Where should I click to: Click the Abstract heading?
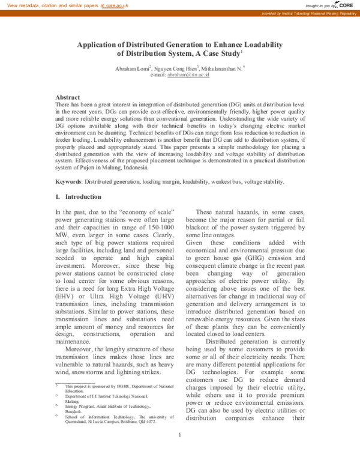pyautogui.click(x=68, y=97)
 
